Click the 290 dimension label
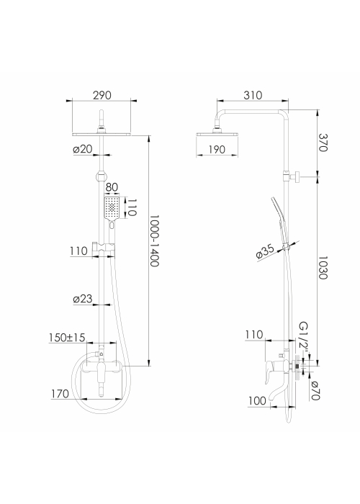click(x=102, y=95)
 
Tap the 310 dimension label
click(x=253, y=95)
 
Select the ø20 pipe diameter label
click(x=83, y=149)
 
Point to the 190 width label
click(x=217, y=150)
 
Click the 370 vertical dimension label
click(x=323, y=143)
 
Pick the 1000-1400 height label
click(x=155, y=241)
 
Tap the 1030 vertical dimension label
click(x=323, y=268)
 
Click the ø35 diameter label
click(x=265, y=251)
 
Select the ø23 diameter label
click(x=83, y=299)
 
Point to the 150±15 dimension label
click(x=67, y=338)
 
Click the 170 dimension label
click(x=60, y=394)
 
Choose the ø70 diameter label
click(x=315, y=390)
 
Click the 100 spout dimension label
click(x=257, y=401)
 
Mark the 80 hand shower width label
click(x=112, y=187)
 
